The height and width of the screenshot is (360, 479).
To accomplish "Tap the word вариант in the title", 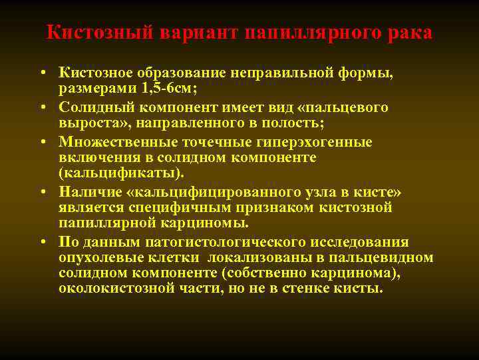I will [x=197, y=33].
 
